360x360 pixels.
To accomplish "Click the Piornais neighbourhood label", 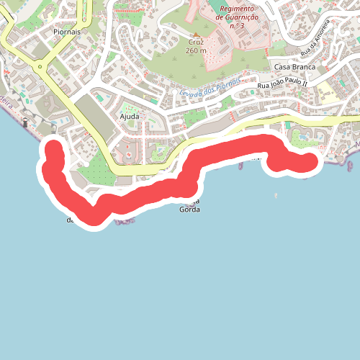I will [x=66, y=32].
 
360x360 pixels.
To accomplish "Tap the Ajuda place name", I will [x=130, y=115].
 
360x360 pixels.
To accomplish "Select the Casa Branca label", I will [x=291, y=66].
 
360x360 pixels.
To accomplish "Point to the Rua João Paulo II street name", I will [x=283, y=85].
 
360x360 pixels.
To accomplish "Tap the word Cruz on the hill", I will [x=195, y=42].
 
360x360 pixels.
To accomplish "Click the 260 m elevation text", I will [x=195, y=51].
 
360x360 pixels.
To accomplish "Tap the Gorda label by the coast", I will [x=189, y=210].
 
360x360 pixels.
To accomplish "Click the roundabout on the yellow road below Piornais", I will [x=42, y=70].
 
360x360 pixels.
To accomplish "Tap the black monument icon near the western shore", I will [x=27, y=123].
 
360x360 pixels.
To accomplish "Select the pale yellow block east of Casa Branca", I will [x=328, y=91].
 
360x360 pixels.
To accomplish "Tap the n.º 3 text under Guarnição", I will [x=238, y=27].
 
